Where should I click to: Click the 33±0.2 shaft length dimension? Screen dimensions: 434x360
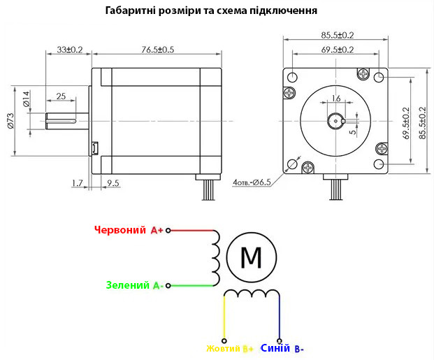pos(70,50)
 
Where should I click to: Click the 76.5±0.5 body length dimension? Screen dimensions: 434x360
pos(158,50)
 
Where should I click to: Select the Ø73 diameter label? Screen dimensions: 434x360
pos(10,120)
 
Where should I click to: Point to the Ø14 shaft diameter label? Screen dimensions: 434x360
pos(26,99)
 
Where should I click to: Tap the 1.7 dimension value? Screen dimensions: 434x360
pos(77,183)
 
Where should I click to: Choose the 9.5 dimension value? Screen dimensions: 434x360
pos(113,183)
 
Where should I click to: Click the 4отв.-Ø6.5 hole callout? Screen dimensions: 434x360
pos(252,182)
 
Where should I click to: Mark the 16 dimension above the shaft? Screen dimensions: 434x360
pos(336,99)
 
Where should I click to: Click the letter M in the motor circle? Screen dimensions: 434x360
pos(252,257)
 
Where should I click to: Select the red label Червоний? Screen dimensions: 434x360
pos(120,229)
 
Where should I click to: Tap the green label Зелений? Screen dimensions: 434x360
pos(128,285)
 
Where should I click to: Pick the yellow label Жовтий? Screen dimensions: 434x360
pos(224,348)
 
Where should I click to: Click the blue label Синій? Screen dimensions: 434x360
pos(275,348)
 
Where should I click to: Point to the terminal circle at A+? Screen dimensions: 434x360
pos(168,230)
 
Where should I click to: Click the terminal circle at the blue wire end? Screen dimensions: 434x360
pos(280,340)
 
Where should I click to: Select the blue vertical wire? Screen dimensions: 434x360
pos(280,317)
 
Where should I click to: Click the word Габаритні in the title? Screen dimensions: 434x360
pos(131,10)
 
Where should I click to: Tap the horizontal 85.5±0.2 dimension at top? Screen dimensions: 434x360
pos(338,36)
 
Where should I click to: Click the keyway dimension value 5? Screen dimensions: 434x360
pos(353,132)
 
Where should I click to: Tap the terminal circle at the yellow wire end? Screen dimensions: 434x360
pos(224,340)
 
